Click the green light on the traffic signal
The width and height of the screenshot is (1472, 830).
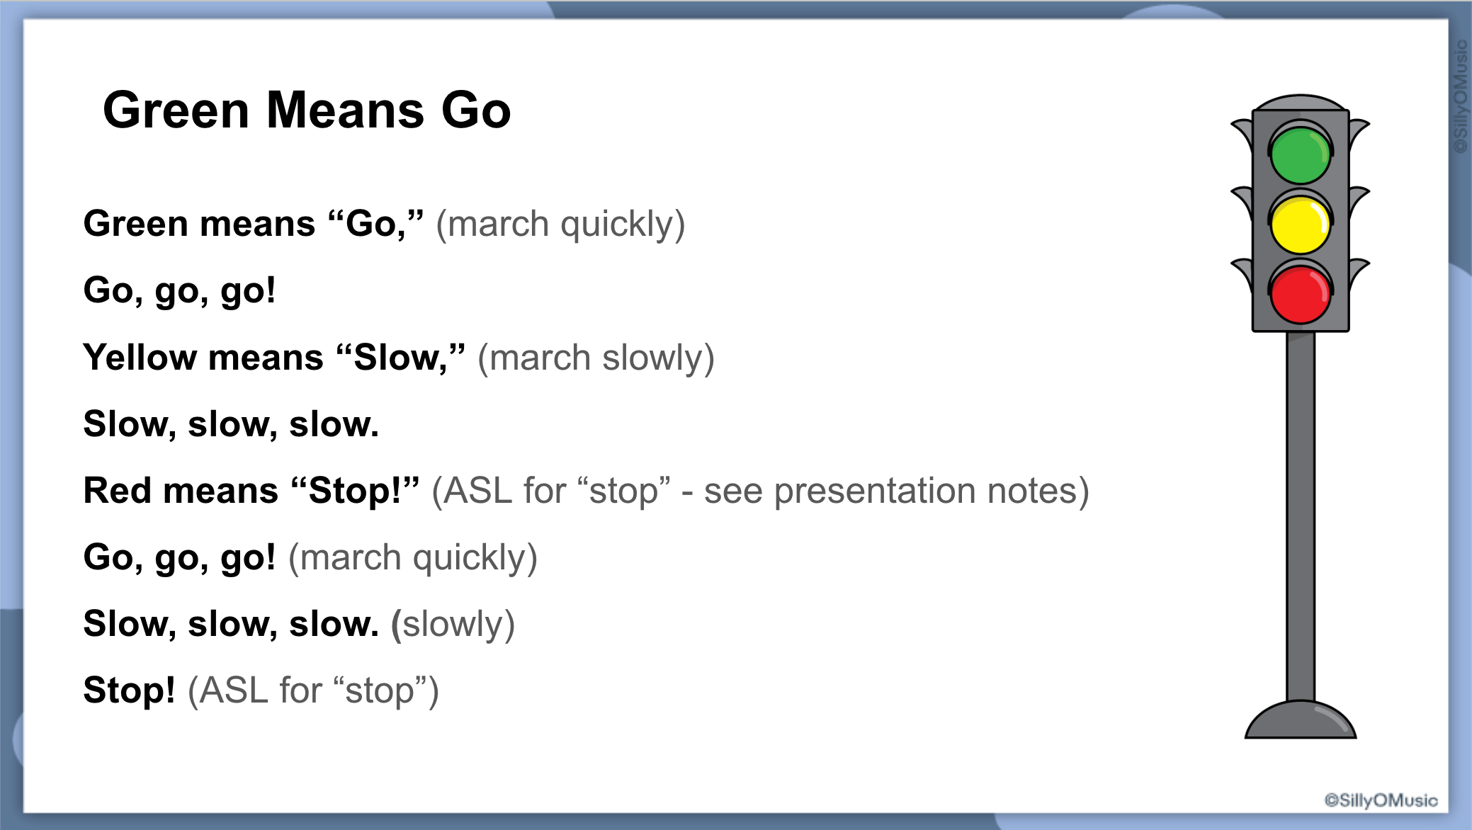[x=1300, y=155]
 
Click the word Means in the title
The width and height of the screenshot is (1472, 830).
[x=345, y=110]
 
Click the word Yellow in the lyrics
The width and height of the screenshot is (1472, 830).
[x=140, y=358]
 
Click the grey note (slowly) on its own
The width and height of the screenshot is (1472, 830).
[x=453, y=625]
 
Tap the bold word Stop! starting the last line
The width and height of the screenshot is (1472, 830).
[x=129, y=690]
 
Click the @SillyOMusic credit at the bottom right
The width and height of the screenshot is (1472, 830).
[x=1381, y=800]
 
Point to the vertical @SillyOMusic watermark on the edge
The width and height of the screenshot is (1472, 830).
[x=1460, y=96]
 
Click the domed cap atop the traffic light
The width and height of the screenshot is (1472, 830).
[x=1301, y=103]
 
